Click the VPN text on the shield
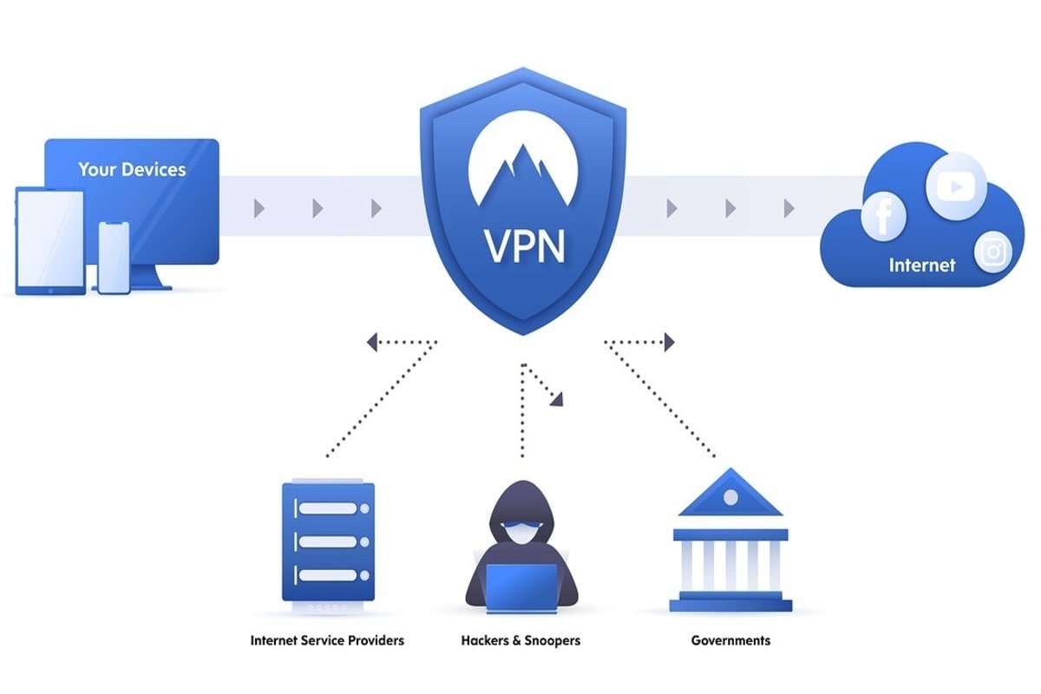point(522,246)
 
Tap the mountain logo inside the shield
point(522,173)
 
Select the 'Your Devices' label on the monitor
point(132,168)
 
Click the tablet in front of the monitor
point(50,240)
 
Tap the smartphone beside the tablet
point(114,257)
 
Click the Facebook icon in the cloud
point(883,216)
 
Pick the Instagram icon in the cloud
point(994,252)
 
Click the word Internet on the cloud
point(921,265)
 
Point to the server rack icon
point(328,542)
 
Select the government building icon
point(730,542)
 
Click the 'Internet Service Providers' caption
point(327,641)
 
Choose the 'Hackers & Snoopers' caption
point(520,641)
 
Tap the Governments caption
point(730,641)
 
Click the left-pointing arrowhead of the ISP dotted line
point(372,343)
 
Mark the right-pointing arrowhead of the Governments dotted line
point(669,343)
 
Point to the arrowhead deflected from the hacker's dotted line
point(556,399)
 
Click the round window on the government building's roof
point(730,498)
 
